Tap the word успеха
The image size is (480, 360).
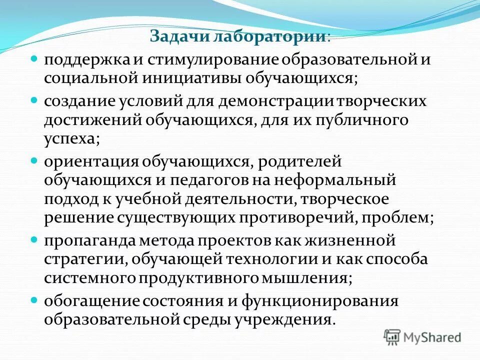pyautogui.click(x=71, y=139)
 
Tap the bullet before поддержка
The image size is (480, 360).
pyautogui.click(x=34, y=58)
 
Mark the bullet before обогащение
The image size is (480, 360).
pyautogui.click(x=34, y=299)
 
